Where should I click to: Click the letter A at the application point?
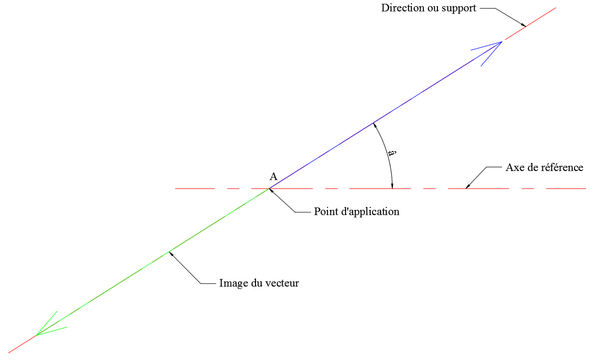274,177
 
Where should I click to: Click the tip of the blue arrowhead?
502,42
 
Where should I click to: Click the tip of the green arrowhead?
36,335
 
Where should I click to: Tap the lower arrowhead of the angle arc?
392,186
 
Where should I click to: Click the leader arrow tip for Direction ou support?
526,26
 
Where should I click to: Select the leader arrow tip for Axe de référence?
466,188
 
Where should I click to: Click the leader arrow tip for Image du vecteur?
170,252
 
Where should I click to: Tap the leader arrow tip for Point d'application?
270,189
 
